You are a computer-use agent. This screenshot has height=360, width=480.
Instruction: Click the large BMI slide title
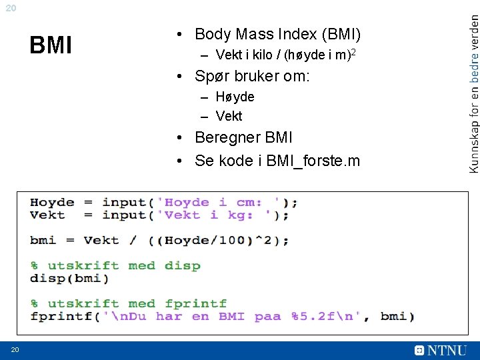pos(51,45)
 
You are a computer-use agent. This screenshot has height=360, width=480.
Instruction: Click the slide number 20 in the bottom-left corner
pos(14,351)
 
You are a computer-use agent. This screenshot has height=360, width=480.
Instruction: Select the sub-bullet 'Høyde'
pos(235,97)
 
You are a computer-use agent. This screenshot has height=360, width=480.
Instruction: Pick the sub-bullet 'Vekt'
pos(229,116)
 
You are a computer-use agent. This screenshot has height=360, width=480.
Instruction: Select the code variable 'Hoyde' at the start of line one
pos(52,202)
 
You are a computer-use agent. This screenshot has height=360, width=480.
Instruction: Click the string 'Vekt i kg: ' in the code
pos(217,215)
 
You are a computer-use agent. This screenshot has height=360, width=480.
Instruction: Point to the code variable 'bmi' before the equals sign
pos(43,240)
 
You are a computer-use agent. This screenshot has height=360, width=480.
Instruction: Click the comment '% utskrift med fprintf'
pos(128,303)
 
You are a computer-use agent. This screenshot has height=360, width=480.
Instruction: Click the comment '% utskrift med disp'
pos(115,265)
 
